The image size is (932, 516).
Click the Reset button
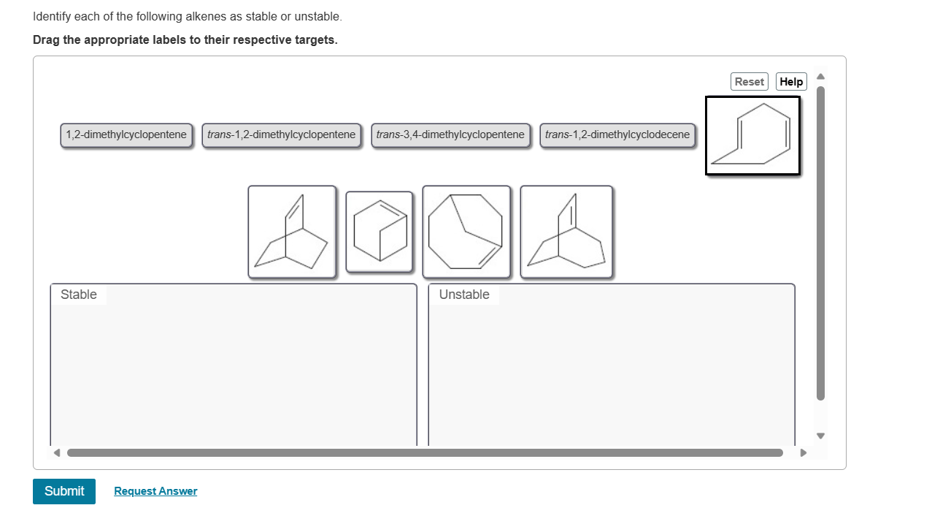coord(749,82)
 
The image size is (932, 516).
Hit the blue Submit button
coord(64,491)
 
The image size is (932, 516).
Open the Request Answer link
coord(155,491)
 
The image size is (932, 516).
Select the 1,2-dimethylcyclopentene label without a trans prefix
coord(126,135)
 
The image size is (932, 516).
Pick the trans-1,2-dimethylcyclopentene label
coord(282,135)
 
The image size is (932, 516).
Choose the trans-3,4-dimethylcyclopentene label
coord(450,135)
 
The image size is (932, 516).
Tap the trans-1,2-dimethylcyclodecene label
coord(617,135)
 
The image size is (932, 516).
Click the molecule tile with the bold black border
coord(752,136)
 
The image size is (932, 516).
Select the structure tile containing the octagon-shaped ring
coord(466,232)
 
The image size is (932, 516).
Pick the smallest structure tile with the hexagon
coord(379,232)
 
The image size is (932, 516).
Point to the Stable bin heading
coord(79,295)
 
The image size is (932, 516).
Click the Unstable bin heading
coord(464,295)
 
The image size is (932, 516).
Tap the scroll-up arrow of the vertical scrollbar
coord(820,76)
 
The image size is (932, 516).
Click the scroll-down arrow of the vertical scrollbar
coord(820,436)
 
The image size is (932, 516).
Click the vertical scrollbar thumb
coord(820,243)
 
